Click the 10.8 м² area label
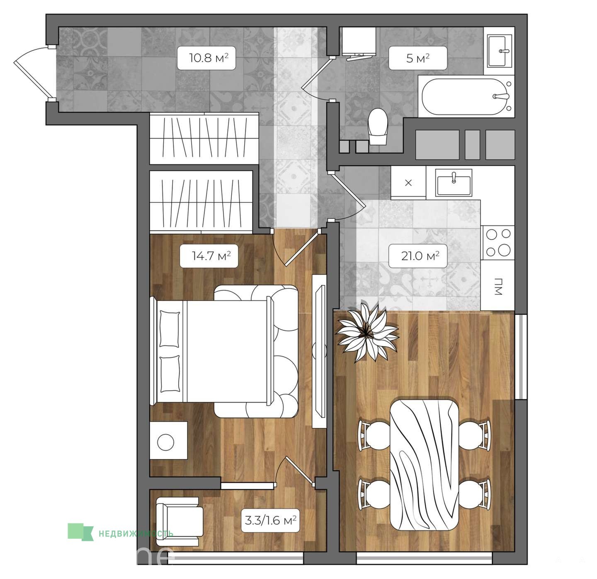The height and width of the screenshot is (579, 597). click(x=208, y=58)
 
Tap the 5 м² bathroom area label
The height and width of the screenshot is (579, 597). click(x=417, y=58)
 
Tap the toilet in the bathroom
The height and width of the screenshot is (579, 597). click(x=378, y=127)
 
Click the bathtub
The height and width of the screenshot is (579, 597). click(x=466, y=96)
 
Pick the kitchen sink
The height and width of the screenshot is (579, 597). click(x=454, y=183)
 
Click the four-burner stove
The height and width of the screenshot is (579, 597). click(x=498, y=243)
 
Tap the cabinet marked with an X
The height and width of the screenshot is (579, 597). click(x=408, y=183)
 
